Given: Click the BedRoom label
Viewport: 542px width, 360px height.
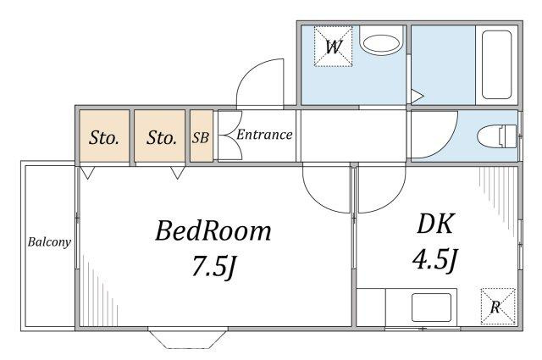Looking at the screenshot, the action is tap(213, 231).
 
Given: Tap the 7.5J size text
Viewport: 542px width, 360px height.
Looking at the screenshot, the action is tap(214, 266).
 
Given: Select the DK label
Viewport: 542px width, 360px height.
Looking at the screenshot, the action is tap(435, 224).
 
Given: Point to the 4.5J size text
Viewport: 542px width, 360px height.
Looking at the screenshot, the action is tap(435, 259).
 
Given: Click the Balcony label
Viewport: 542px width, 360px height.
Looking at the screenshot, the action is tap(49, 241).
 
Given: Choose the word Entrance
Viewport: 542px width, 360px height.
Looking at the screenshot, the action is tap(264, 135).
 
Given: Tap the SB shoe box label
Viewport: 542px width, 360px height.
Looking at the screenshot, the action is tap(201, 137).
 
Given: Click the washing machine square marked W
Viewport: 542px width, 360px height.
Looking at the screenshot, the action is tap(333, 46).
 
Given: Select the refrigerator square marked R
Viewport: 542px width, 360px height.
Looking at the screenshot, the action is tap(498, 307).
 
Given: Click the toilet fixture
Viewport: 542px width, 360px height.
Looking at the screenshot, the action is tap(497, 136).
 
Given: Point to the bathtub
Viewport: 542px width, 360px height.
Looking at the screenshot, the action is tap(497, 65).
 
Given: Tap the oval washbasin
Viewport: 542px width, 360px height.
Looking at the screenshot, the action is tap(381, 43).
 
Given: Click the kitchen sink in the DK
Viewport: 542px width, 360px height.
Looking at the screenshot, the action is tap(431, 307).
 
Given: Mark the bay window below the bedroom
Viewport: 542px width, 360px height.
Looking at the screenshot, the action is tap(188, 340).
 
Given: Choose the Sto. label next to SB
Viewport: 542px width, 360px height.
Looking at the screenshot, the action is tap(162, 138).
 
